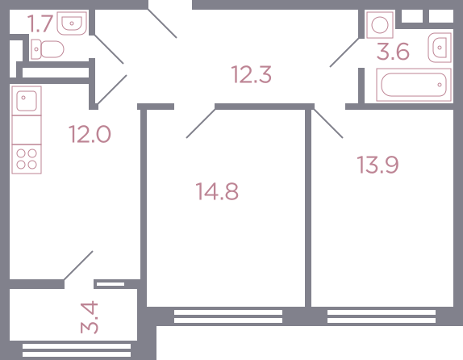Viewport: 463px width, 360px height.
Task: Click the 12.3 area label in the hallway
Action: click(x=252, y=74)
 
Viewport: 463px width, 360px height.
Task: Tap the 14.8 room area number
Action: click(x=217, y=191)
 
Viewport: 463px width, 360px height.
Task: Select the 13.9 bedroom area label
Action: click(x=377, y=165)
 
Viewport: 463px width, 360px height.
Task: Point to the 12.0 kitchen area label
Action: click(x=90, y=134)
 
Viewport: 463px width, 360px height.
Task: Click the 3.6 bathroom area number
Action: click(x=393, y=52)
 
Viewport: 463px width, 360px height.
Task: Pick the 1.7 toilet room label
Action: click(x=40, y=23)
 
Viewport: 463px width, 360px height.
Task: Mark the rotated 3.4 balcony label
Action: click(x=90, y=317)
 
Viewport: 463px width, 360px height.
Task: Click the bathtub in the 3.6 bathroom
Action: click(x=414, y=85)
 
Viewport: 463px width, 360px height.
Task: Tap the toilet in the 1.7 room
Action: click(x=48, y=49)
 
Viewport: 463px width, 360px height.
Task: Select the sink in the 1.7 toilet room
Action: click(x=72, y=23)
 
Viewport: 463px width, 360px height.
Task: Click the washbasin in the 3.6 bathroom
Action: click(x=440, y=48)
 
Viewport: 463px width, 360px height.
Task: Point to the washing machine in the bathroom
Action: click(x=380, y=25)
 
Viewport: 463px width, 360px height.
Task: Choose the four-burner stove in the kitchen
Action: click(x=27, y=159)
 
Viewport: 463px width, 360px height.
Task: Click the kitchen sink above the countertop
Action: click(x=27, y=101)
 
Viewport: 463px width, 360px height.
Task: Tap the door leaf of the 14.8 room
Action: click(x=201, y=123)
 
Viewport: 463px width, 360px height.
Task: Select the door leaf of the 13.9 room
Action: click(x=328, y=123)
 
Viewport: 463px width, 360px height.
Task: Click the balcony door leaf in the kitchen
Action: click(x=78, y=266)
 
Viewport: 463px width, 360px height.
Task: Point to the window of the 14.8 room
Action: click(x=228, y=316)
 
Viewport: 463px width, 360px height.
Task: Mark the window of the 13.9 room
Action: click(x=382, y=316)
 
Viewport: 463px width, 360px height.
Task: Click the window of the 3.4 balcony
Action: click(x=77, y=350)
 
